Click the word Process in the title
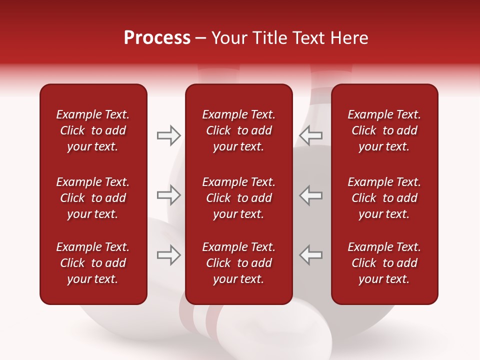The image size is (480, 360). point(157,38)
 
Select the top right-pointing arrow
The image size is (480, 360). point(168,135)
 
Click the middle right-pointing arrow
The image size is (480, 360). point(168,195)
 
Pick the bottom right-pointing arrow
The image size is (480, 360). point(168,254)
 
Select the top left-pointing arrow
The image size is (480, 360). point(311,135)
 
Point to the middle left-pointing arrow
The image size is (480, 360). point(311,195)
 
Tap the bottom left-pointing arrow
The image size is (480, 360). point(311,254)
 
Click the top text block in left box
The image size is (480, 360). point(93,130)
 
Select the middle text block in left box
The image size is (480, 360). point(93,198)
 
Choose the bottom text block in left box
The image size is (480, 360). point(93,263)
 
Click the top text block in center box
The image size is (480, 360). point(239,130)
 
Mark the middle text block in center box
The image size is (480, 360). point(239,198)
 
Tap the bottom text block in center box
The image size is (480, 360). point(239,263)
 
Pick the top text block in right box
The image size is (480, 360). point(384,130)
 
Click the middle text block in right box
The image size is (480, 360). point(384,198)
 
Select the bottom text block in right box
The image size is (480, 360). point(384,263)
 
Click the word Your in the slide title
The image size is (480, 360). point(228,38)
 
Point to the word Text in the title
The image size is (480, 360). point(305,38)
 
